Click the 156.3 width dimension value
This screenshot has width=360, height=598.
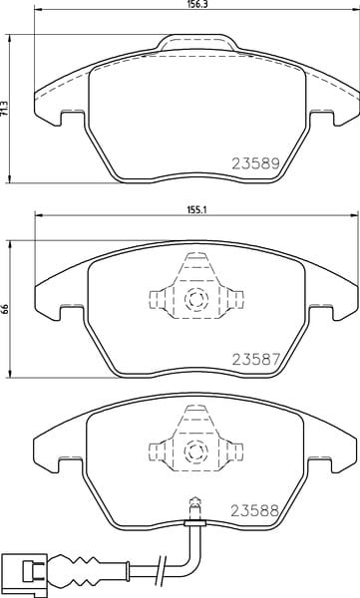pos(196,3)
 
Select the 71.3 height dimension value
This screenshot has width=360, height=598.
pos(4,109)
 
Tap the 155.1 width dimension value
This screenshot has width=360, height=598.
pos(197,209)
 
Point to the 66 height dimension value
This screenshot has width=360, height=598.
pos(4,309)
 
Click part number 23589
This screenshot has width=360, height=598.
pos(256,163)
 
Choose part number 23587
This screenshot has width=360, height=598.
pos(256,359)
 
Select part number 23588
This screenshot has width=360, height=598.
pos(255,510)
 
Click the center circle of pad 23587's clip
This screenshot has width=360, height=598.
pos(196,299)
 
